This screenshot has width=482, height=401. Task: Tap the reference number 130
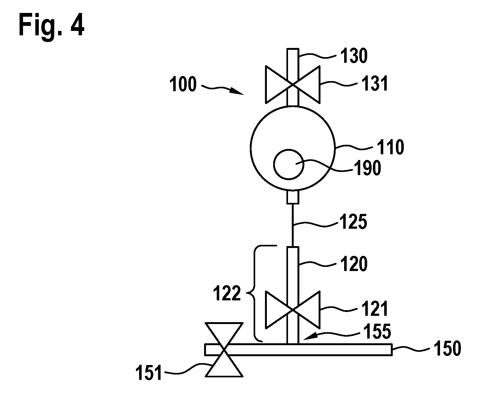click(x=354, y=56)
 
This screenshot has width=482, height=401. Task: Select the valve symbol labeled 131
click(x=293, y=85)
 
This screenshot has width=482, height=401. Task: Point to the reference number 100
click(x=183, y=84)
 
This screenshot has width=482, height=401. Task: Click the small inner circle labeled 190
click(x=289, y=164)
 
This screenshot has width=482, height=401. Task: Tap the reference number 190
click(x=367, y=168)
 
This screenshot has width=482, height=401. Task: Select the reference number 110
click(x=391, y=147)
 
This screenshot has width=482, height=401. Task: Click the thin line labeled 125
click(x=293, y=225)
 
